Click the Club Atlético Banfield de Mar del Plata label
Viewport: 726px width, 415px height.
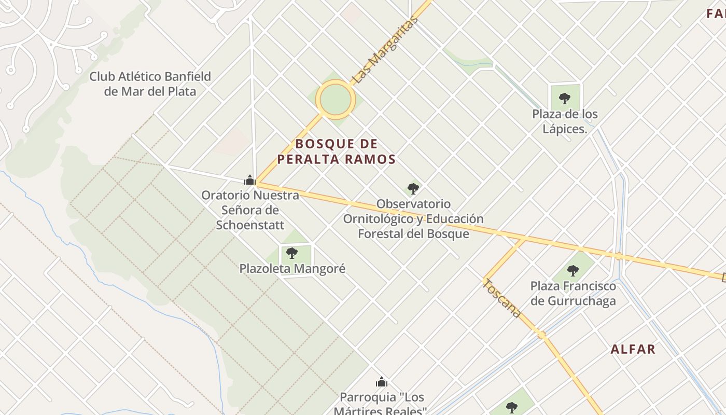(150, 84)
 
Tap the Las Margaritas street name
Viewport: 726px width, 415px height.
(384, 50)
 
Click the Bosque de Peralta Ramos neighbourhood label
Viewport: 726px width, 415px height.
(336, 151)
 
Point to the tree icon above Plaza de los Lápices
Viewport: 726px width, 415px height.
(565, 98)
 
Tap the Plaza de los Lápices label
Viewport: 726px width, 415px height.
(565, 121)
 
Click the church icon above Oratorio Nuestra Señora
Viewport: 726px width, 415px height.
(250, 181)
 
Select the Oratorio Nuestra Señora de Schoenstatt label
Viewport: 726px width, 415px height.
(250, 210)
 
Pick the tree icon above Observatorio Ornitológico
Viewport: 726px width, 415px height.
(413, 188)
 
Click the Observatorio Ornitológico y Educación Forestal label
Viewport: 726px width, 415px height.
(413, 219)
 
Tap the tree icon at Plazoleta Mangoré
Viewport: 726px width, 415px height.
(292, 253)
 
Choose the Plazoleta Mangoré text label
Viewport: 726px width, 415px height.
(292, 269)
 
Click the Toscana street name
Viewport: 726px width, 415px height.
(501, 298)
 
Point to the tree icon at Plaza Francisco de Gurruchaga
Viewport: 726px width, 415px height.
(573, 270)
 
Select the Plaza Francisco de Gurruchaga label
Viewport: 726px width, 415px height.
(573, 294)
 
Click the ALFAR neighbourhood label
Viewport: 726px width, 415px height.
(633, 349)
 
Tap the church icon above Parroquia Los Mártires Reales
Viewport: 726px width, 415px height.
(382, 382)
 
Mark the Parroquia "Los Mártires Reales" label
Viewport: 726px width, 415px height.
(382, 404)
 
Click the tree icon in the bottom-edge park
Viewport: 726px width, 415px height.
(512, 407)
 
